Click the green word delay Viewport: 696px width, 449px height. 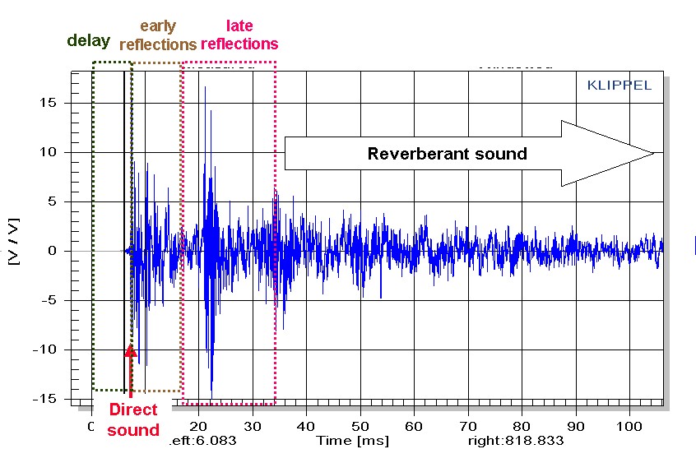click(x=90, y=40)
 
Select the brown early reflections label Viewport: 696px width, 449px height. click(x=157, y=35)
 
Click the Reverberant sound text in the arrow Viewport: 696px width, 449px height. click(x=447, y=153)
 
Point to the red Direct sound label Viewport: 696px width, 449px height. click(x=132, y=419)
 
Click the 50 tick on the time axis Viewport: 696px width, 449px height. click(x=360, y=427)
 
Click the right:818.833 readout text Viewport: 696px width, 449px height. click(x=516, y=440)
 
